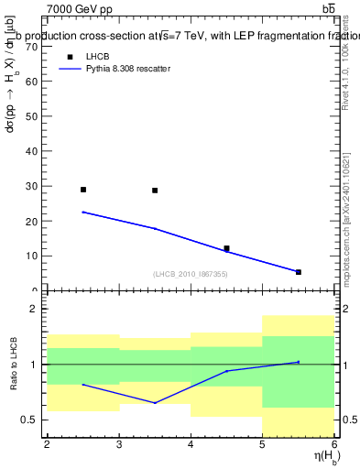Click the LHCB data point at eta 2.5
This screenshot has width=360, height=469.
[x=83, y=190]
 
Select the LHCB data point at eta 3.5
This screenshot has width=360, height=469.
[x=155, y=191]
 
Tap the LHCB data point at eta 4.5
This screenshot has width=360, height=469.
[x=226, y=248]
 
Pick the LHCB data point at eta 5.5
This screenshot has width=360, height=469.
[x=298, y=272]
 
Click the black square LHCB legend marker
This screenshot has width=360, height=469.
[x=69, y=57]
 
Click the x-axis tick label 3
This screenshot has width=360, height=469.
[x=119, y=444]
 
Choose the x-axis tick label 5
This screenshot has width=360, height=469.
[x=262, y=444]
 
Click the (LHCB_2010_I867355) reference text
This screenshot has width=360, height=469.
[x=190, y=274]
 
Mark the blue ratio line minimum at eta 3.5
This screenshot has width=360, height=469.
[x=155, y=403]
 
